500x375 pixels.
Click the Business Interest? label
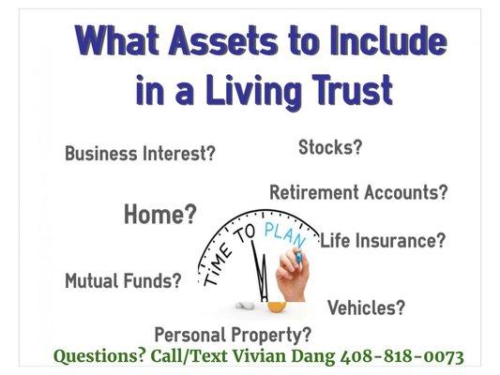tap(140, 154)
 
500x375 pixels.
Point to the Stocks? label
tap(330, 147)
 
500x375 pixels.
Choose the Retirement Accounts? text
tap(358, 193)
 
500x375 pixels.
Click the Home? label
tap(160, 216)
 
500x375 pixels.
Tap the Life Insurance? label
tap(383, 240)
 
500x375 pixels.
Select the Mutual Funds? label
tap(123, 280)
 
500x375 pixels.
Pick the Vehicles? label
tap(366, 307)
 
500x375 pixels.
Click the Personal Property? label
tap(233, 334)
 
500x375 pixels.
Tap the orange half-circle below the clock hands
tap(275, 306)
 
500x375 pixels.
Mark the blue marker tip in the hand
tap(299, 251)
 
